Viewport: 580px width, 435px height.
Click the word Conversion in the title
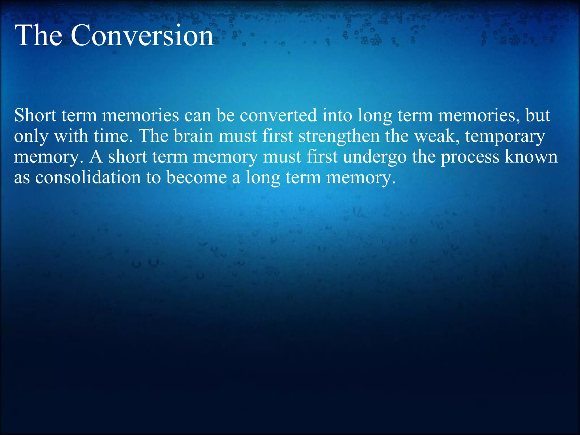142,36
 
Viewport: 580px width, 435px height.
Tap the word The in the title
39,36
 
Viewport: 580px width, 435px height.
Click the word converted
278,116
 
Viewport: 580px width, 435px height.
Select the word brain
193,137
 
